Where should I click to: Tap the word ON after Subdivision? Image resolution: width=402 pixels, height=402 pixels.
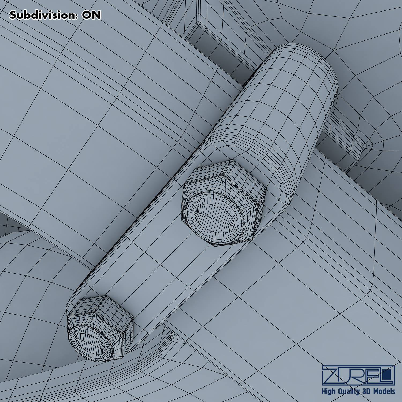pos(92,15)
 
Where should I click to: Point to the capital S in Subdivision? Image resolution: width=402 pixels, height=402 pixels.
pos(13,15)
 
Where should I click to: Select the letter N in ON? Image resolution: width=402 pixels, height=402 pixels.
pos(97,15)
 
